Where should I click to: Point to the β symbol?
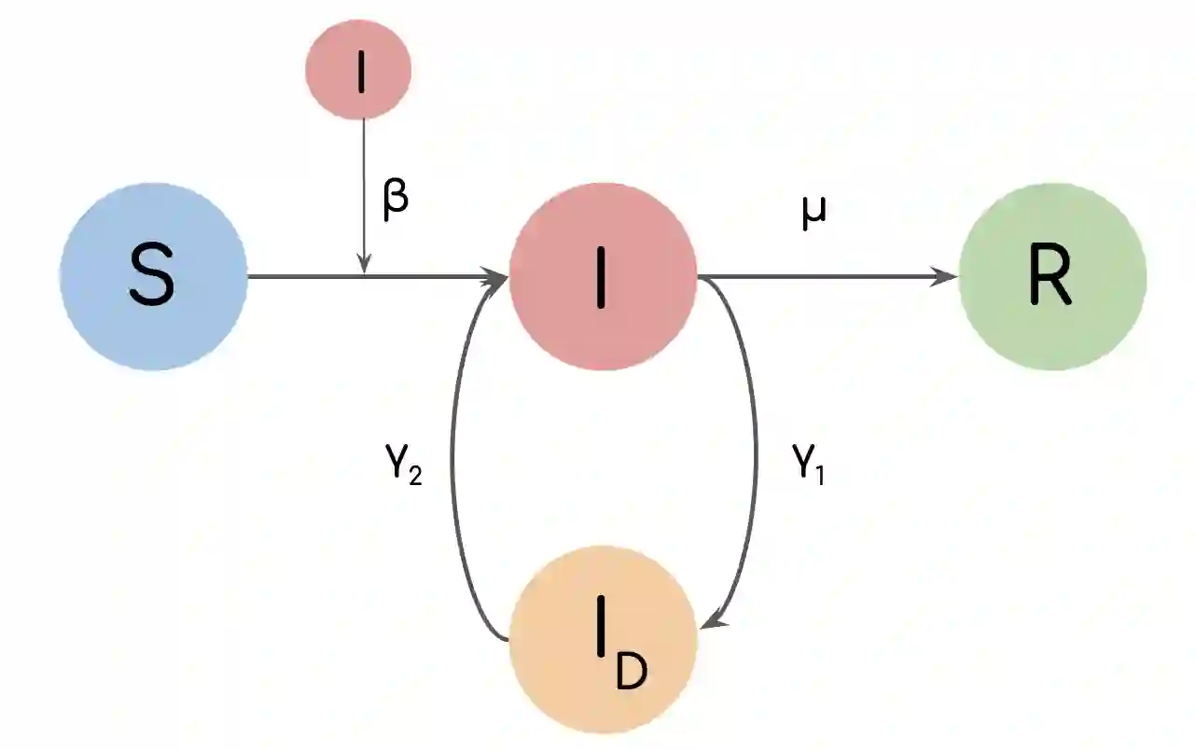click(x=396, y=200)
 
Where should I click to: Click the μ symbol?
click(x=814, y=214)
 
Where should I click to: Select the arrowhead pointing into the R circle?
click(x=947, y=276)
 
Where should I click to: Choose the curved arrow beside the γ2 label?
click(x=453, y=448)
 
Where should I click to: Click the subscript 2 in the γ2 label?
click(x=413, y=475)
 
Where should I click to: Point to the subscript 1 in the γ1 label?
click(x=821, y=475)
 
